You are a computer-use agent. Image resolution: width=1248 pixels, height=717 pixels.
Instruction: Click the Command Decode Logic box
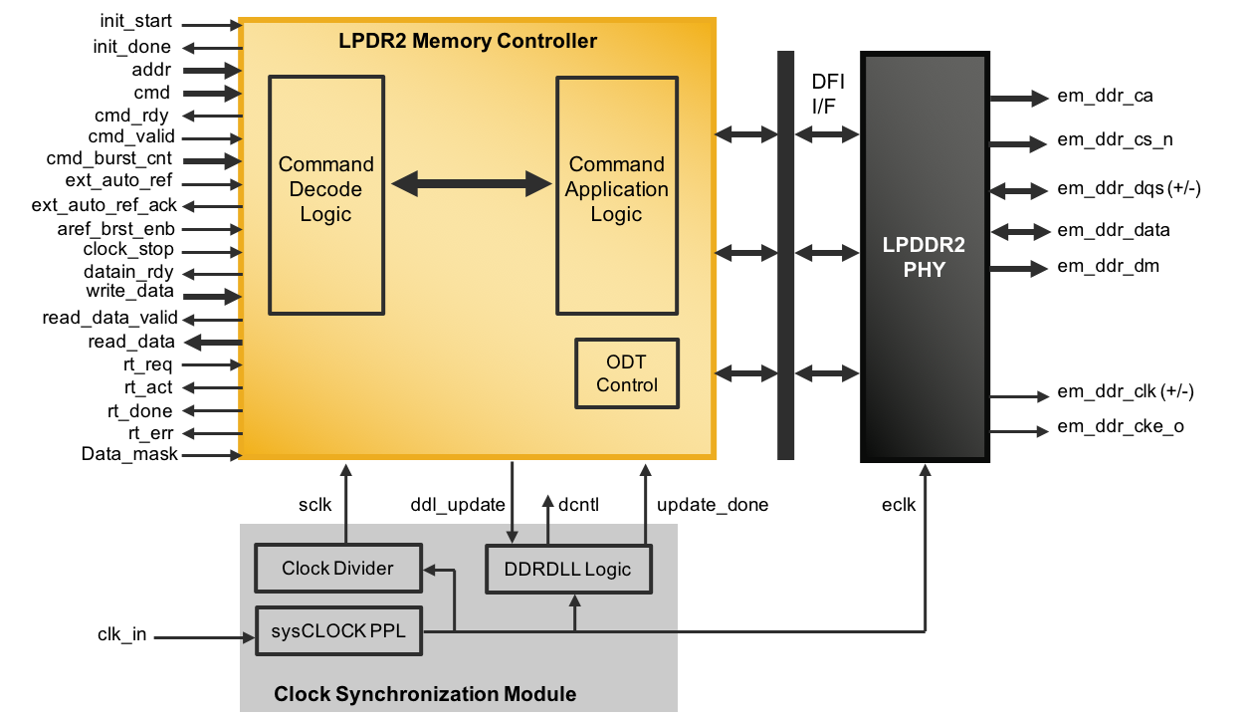tap(326, 195)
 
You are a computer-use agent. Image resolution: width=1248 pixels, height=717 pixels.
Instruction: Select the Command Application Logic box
tap(617, 195)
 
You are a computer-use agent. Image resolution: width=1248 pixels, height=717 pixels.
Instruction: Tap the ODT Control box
tap(627, 373)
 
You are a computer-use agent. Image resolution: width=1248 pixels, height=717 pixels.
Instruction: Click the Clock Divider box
tap(338, 568)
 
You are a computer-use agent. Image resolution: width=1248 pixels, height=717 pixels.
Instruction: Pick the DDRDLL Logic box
tap(568, 569)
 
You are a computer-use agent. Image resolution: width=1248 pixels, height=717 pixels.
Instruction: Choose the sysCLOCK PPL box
tap(338, 631)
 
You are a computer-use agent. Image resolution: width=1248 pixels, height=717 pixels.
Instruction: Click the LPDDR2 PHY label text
tap(924, 257)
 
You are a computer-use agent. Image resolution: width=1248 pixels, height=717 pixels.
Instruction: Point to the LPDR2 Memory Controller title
tap(468, 41)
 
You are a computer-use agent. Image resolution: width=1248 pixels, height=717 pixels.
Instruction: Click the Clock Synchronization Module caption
tap(425, 694)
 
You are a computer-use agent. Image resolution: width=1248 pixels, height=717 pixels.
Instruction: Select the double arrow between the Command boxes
tap(472, 183)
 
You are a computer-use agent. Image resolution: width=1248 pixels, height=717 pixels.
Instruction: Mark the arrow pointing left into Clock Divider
tap(438, 571)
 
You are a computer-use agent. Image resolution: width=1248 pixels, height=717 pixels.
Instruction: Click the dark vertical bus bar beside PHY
tap(786, 255)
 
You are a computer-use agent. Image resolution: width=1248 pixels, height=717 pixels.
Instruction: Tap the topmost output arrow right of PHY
tap(1019, 98)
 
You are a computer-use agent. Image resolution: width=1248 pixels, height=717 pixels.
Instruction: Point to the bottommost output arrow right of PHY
tap(1019, 431)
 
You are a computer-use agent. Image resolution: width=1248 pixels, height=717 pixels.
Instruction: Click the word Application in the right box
tap(617, 189)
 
